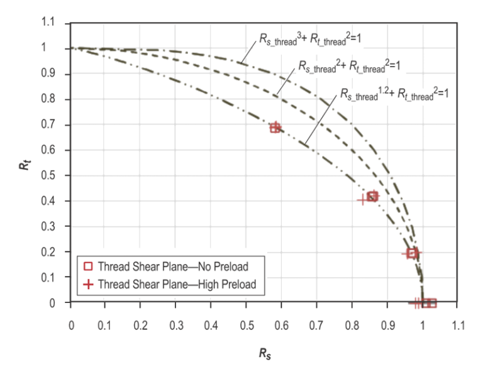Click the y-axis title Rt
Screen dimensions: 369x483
(x=23, y=168)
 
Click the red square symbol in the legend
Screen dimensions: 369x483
(x=89, y=266)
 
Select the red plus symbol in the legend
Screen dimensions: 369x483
(x=89, y=284)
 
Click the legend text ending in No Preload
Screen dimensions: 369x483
(x=173, y=266)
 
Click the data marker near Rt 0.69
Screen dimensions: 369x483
(x=275, y=128)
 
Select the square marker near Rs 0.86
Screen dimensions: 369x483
(x=372, y=197)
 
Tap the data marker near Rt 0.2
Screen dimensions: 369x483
(x=413, y=253)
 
